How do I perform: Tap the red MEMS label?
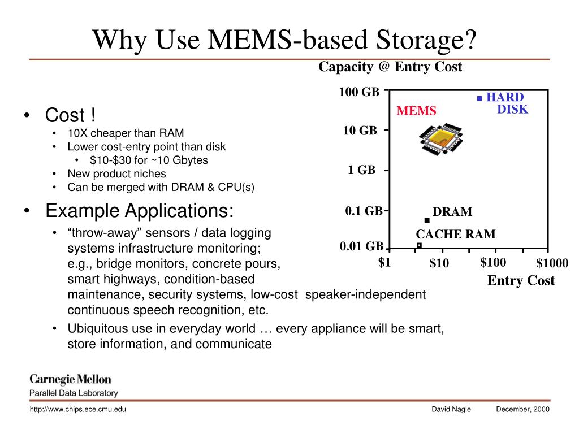(x=416, y=111)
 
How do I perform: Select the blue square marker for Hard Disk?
(x=479, y=98)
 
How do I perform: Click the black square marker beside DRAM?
(x=427, y=220)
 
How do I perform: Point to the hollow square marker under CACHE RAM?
(x=419, y=246)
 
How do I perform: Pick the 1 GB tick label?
(x=361, y=170)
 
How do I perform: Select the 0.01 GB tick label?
(x=361, y=246)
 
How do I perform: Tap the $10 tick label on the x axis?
(x=439, y=263)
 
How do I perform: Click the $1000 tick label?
(x=552, y=263)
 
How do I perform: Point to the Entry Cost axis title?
(x=521, y=281)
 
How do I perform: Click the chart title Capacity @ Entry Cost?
(x=390, y=67)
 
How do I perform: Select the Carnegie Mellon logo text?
(x=70, y=379)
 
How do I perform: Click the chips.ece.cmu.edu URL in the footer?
(x=77, y=409)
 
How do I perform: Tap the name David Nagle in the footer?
(x=451, y=409)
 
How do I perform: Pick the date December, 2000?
(x=522, y=409)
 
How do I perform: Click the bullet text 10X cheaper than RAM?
(x=126, y=133)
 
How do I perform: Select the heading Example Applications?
(x=139, y=211)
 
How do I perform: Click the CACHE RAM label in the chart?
(x=456, y=234)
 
